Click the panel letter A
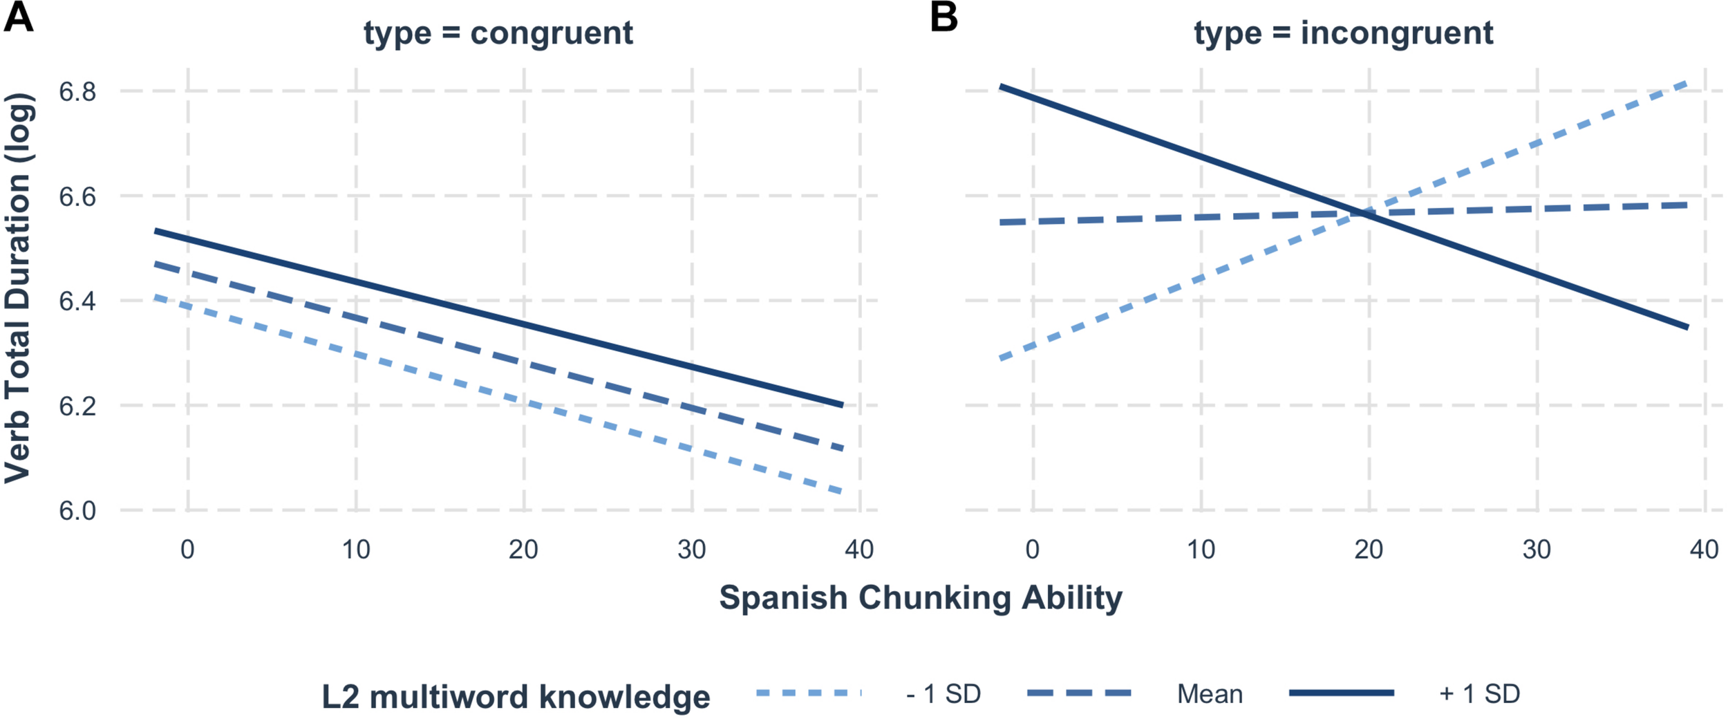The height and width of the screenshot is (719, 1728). coord(18,17)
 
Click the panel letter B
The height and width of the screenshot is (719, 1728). coord(944,17)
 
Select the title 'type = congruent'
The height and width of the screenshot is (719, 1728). coord(498,33)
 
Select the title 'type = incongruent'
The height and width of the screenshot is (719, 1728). coord(1344,33)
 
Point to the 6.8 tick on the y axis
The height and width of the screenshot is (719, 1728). coord(77,91)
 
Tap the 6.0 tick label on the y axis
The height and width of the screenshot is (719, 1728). coord(77,511)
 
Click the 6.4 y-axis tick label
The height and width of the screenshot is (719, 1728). coord(77,301)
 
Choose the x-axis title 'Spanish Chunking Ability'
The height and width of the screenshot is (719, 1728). coord(921,597)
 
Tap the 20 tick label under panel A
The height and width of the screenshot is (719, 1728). coord(524,550)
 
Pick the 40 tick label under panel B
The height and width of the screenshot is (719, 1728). coord(1704,550)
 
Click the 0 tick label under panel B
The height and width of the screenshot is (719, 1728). coord(1033,550)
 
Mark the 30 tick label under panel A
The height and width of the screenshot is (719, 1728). coord(692,550)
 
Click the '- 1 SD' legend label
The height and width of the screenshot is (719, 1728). coord(943,694)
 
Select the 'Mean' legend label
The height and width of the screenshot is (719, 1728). coord(1210,694)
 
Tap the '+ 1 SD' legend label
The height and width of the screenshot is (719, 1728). coord(1479,694)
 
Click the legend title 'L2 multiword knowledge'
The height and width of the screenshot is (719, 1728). coord(516,697)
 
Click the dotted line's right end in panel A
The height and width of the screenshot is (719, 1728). coord(841,492)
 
